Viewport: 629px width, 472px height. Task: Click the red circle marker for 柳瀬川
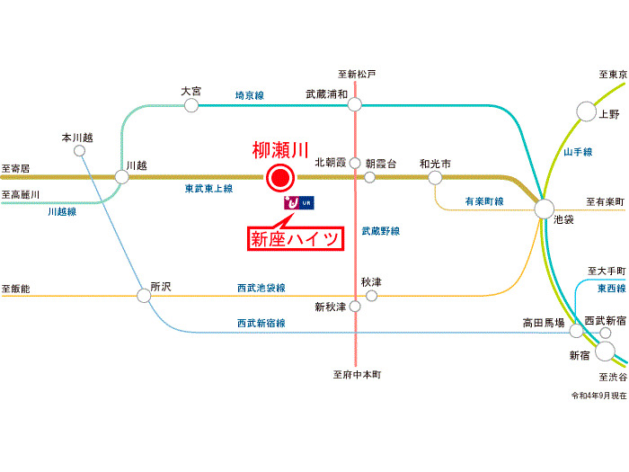[x=280, y=177]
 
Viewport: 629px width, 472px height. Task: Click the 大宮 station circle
[x=190, y=105]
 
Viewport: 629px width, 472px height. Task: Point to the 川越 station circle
[x=122, y=176]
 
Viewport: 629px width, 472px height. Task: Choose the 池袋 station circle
[x=545, y=209]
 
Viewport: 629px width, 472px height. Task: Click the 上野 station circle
[x=586, y=111]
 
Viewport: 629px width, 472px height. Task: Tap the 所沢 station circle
[x=144, y=295]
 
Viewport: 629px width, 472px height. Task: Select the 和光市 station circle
[x=436, y=177]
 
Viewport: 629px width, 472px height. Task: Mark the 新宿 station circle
[x=605, y=352]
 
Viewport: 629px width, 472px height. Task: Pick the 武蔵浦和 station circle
[x=355, y=105]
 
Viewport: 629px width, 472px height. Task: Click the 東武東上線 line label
[x=208, y=189]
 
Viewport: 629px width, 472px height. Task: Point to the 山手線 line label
[x=578, y=153]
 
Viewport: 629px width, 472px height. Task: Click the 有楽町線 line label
[x=484, y=200]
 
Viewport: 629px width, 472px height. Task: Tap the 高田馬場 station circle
[x=575, y=331]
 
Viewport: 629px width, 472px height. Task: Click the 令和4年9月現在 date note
[x=597, y=396]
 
